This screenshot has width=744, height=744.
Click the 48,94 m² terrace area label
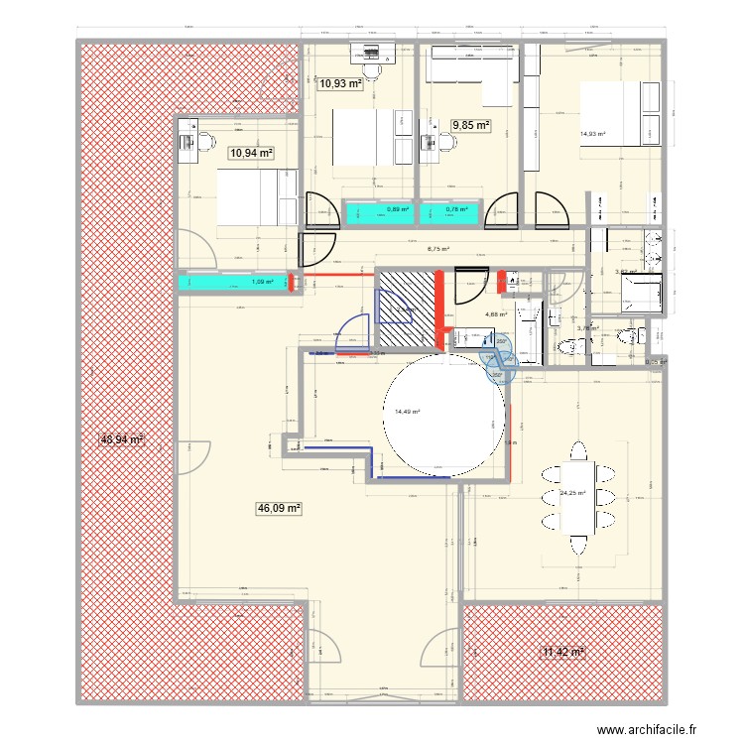[122, 438]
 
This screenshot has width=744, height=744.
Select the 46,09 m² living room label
[279, 508]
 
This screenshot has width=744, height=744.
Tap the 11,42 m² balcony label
[562, 652]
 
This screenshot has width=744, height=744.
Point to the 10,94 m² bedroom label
[250, 153]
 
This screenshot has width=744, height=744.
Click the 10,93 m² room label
[339, 84]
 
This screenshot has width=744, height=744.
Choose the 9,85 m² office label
[471, 125]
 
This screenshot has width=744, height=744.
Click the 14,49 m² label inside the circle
[407, 412]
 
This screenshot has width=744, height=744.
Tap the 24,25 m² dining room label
[571, 493]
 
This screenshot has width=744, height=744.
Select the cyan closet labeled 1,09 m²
[234, 283]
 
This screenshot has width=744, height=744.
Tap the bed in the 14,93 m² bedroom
[619, 114]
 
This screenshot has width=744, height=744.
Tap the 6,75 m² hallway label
[436, 250]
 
